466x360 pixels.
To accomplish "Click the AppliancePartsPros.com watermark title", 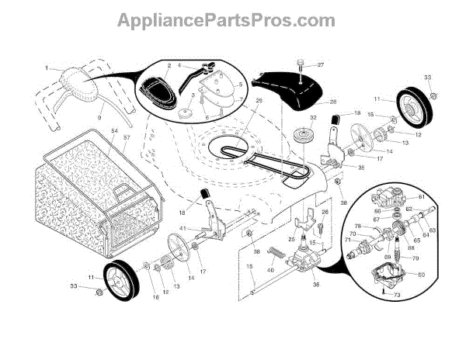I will coord(232,19).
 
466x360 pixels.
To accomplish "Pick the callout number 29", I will coord(238,102).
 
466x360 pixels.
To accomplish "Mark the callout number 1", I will coord(47,68).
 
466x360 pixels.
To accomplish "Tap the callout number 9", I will coord(99,116).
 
